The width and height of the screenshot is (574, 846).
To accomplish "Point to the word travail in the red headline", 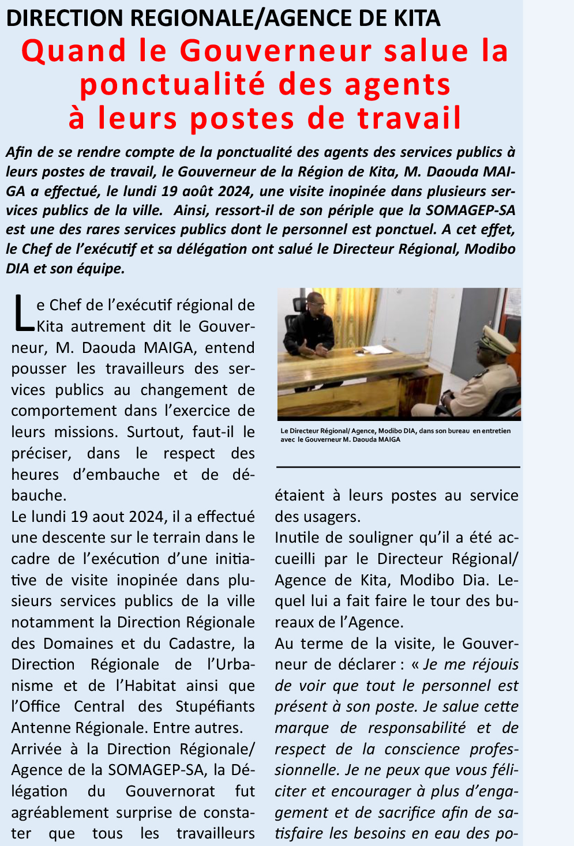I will [410, 118].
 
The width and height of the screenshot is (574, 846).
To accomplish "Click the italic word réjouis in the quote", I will [495, 664].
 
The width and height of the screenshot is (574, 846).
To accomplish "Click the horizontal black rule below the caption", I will [398, 467].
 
